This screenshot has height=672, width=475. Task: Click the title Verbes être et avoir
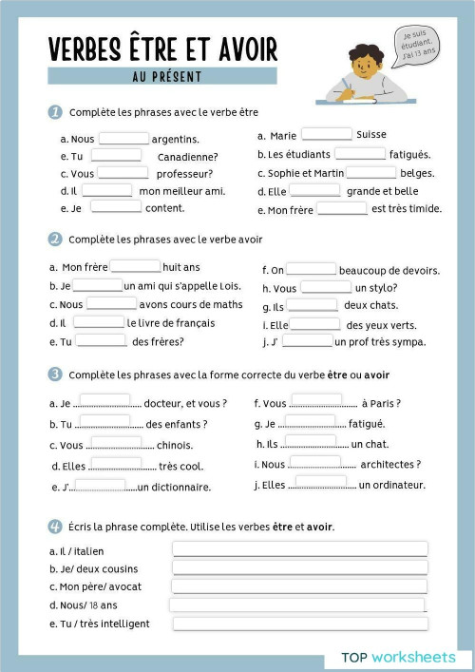[x=162, y=48]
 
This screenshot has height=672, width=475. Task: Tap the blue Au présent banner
[x=162, y=76]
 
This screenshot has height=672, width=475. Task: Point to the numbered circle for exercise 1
[x=55, y=112]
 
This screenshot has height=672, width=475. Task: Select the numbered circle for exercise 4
[x=55, y=526]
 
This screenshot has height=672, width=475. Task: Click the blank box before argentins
[x=123, y=139]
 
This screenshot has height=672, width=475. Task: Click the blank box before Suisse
[x=326, y=135]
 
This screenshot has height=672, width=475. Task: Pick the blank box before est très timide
[x=342, y=209]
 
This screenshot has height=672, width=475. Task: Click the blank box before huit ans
[x=135, y=267]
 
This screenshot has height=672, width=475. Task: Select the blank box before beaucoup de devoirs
[x=311, y=270]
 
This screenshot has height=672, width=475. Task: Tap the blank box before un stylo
[x=326, y=288]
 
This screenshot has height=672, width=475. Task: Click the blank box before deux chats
[x=313, y=306]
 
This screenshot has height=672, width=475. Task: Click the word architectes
[x=390, y=465]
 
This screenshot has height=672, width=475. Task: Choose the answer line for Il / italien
[x=299, y=549]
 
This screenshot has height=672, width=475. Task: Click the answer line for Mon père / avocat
[x=299, y=586]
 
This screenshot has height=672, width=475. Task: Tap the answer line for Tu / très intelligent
[x=299, y=624]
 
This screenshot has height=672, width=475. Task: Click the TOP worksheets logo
[x=398, y=657]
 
